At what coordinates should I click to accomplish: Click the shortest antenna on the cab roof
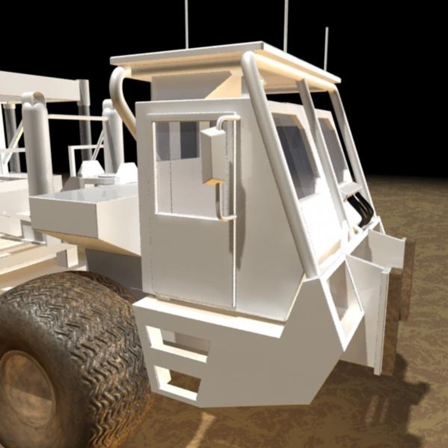[326, 48]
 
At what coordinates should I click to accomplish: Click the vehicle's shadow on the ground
[373, 398]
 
